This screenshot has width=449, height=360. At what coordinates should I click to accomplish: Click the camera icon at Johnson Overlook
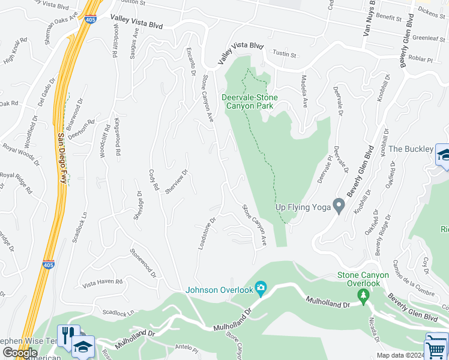click(x=261, y=289)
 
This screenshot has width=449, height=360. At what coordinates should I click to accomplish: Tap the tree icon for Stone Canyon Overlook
click(x=363, y=295)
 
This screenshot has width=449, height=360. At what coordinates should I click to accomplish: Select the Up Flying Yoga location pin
click(x=339, y=206)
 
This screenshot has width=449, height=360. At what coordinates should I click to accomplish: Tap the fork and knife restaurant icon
click(x=67, y=334)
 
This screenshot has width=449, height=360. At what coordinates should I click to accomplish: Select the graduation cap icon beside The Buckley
click(x=444, y=154)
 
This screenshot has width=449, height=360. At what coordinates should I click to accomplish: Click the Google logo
click(x=19, y=353)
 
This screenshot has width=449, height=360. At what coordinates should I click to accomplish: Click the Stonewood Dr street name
click(x=143, y=263)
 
